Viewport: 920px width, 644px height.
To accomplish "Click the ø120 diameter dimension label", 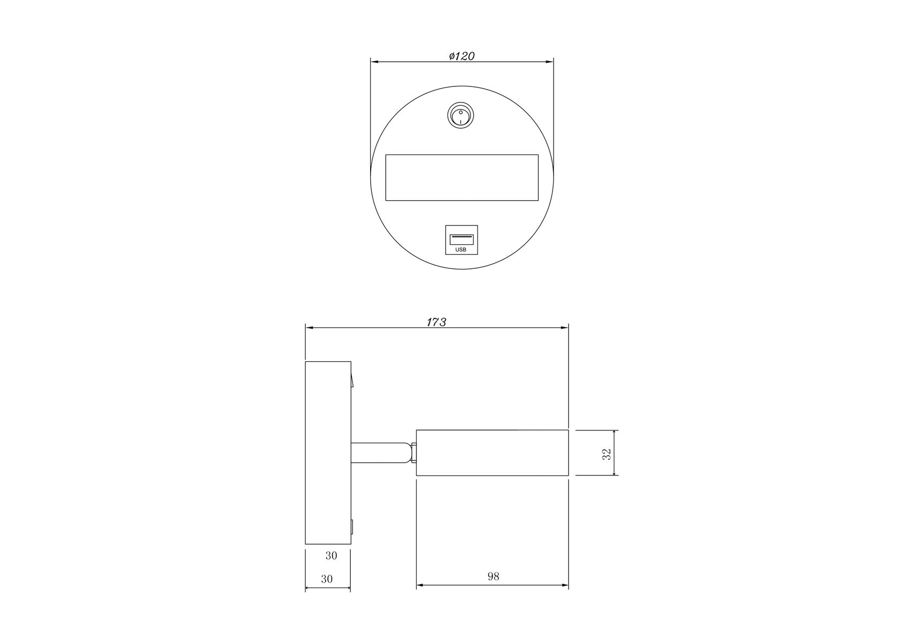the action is (461, 56).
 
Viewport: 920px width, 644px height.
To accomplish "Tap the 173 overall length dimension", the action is (437, 322).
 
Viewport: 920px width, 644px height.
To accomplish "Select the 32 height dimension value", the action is (607, 453).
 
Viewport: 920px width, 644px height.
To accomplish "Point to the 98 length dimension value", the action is (493, 576).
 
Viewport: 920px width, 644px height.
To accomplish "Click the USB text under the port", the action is (461, 250).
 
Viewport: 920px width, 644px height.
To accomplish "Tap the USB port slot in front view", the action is (461, 239).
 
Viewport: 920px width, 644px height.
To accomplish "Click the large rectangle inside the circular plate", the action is (461, 178).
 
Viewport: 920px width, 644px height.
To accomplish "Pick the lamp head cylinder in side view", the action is (492, 452).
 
